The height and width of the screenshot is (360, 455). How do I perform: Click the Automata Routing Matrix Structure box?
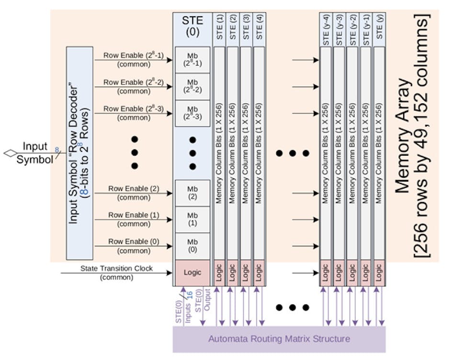click(279, 339)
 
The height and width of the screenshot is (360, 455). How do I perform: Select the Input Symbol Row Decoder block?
click(80, 153)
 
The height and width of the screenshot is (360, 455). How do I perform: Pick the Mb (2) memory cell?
click(192, 193)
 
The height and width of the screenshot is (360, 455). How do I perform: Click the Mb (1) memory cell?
click(192, 220)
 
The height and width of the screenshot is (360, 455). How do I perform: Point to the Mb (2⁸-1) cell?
click(192, 59)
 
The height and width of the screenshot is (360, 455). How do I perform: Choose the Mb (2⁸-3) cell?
click(192, 113)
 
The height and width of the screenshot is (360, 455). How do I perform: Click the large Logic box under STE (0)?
click(192, 272)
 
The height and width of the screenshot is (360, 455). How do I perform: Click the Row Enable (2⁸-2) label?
click(133, 82)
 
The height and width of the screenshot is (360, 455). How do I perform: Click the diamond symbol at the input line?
click(10, 153)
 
